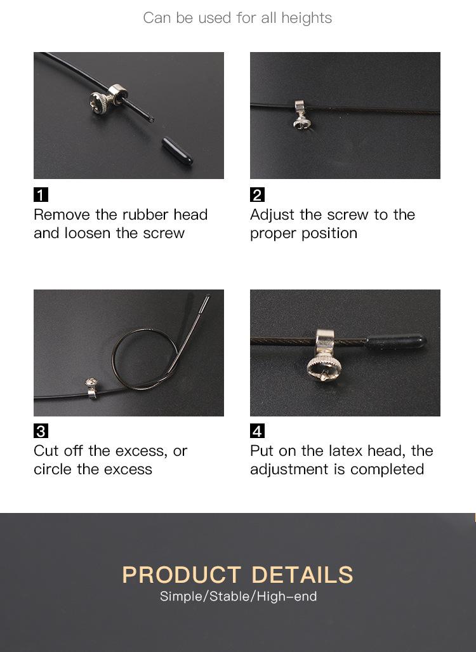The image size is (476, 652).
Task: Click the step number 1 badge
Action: coord(41,195)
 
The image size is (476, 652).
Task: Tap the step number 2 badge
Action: coord(257,195)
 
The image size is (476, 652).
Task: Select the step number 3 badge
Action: coord(41,431)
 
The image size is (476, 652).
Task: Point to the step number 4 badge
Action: coord(257,431)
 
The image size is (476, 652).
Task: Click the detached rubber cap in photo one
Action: coord(178,150)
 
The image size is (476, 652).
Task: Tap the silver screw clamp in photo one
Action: coord(108,99)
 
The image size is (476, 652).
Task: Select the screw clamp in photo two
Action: coord(301,114)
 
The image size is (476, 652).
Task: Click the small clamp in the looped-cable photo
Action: coord(91,387)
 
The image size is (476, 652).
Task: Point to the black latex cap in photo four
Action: coord(396,342)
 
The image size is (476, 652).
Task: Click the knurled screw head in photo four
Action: coord(324,367)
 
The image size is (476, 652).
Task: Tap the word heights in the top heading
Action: coord(307,18)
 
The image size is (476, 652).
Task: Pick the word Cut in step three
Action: coord(46,451)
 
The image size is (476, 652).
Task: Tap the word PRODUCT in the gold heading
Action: coord(182,575)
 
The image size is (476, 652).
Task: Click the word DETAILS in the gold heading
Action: coord(302,575)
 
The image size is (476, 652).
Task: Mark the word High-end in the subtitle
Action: coord(287,596)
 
